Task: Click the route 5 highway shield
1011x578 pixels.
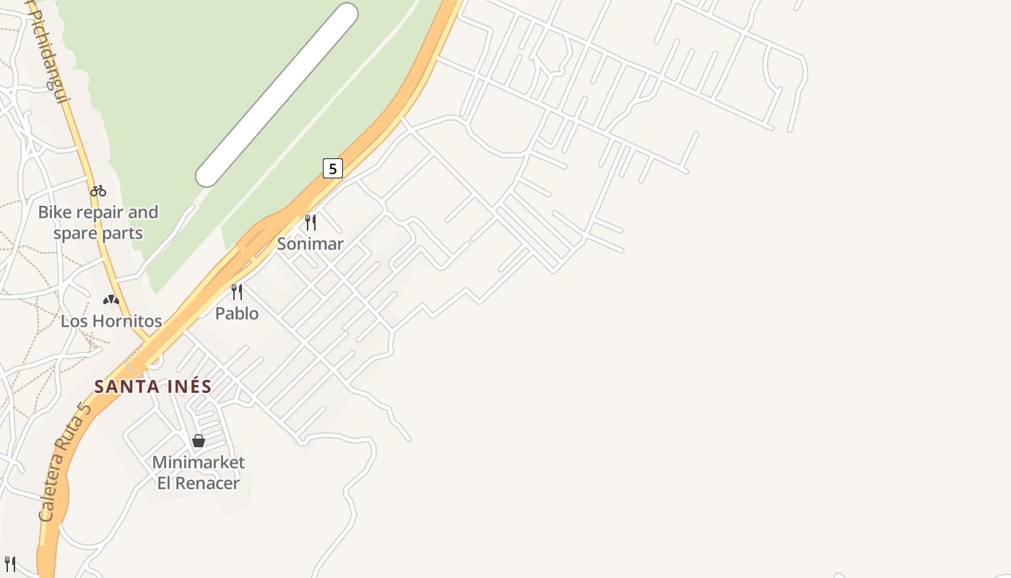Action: pyautogui.click(x=332, y=168)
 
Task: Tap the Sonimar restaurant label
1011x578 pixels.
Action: pyautogui.click(x=310, y=244)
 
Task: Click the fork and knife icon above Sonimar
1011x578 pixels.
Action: pyautogui.click(x=311, y=222)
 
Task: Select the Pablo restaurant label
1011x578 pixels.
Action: pyautogui.click(x=237, y=314)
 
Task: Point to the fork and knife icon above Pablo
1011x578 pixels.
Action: pyautogui.click(x=236, y=291)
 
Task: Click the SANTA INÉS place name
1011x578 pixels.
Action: pyautogui.click(x=153, y=387)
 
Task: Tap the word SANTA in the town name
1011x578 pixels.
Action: pyautogui.click(x=127, y=387)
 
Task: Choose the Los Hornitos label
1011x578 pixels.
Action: pyautogui.click(x=111, y=321)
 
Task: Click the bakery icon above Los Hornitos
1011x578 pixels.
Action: pyautogui.click(x=110, y=299)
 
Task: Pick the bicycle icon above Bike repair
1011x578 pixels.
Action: pyautogui.click(x=98, y=191)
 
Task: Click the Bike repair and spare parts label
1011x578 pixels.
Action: pyautogui.click(x=98, y=223)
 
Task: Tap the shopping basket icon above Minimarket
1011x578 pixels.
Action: pyautogui.click(x=199, y=440)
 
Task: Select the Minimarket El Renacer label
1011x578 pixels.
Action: pyautogui.click(x=199, y=473)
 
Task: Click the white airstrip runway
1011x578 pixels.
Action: pyautogui.click(x=277, y=94)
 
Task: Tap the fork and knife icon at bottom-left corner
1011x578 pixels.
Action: pyautogui.click(x=10, y=564)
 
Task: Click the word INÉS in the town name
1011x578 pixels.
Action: pyautogui.click(x=190, y=387)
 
